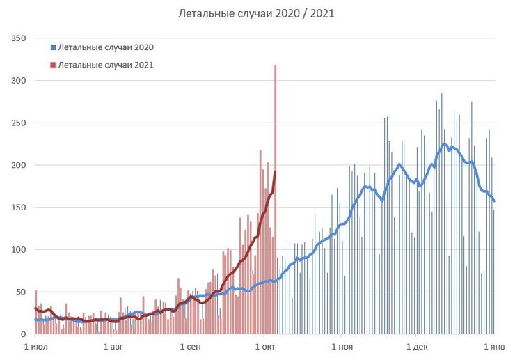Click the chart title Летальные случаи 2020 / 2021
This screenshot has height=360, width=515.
pyautogui.click(x=257, y=13)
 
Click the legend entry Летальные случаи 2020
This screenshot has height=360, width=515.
pyautogui.click(x=106, y=47)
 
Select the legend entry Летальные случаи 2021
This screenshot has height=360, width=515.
pyautogui.click(x=106, y=65)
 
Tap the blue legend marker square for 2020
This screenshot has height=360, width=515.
pyautogui.click(x=53, y=47)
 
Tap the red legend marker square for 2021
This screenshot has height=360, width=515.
pyautogui.click(x=53, y=65)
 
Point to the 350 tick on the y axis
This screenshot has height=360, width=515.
pyautogui.click(x=19, y=38)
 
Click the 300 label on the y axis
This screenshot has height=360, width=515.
pyautogui.click(x=19, y=81)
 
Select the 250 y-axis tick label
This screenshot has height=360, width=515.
pyautogui.click(x=19, y=123)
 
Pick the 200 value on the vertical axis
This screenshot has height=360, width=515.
pyautogui.click(x=19, y=165)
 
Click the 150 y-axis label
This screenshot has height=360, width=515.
pyautogui.click(x=19, y=208)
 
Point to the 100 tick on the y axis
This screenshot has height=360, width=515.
pyautogui.click(x=19, y=249)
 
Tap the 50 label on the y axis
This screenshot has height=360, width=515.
pyautogui.click(x=21, y=292)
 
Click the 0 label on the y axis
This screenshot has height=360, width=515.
pyautogui.click(x=24, y=334)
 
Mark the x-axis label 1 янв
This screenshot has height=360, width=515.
pyautogui.click(x=493, y=346)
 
